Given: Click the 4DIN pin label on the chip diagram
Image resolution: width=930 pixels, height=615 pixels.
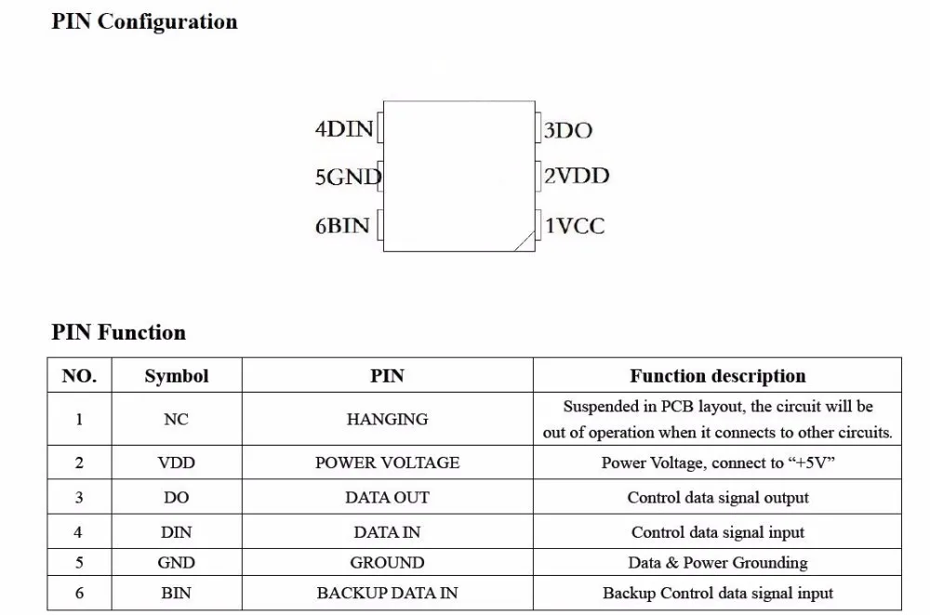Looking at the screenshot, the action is coord(344,128).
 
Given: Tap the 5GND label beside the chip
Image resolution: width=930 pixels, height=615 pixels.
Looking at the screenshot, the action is coord(348,177).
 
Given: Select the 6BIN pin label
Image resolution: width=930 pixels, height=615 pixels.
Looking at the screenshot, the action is coord(342,225).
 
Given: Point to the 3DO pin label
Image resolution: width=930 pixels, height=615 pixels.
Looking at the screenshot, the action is coord(567,130).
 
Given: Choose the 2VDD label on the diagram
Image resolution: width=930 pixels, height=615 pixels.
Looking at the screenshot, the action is coord(577,176).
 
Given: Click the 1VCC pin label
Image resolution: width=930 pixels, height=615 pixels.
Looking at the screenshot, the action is coord(575,225).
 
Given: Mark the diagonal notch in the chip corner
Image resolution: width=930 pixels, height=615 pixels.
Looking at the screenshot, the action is coord(525,241).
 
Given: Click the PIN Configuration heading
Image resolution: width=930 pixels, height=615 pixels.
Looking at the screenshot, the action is coord(144,21).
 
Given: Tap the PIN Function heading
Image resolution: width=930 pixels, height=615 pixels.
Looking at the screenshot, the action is coord(119,332).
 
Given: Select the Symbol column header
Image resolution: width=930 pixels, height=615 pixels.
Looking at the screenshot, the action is coord(177,376).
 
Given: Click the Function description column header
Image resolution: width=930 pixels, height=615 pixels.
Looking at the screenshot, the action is coord(718,376).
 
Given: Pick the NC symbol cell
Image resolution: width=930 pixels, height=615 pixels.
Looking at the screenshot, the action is coord(176,419).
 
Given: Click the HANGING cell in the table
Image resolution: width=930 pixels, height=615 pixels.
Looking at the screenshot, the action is coord(387,419).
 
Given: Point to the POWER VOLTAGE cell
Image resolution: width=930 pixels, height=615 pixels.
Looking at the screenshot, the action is coord(387,462).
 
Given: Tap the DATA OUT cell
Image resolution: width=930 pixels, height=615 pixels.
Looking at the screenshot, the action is coord(387,498).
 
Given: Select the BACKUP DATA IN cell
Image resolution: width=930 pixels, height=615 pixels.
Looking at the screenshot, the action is coord(387,593).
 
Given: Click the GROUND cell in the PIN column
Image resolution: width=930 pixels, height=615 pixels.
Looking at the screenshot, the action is coord(387,562).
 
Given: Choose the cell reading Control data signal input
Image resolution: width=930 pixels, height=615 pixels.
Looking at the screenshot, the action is coord(718,532).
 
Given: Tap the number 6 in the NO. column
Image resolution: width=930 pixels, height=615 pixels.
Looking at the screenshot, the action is coord(79,593).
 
